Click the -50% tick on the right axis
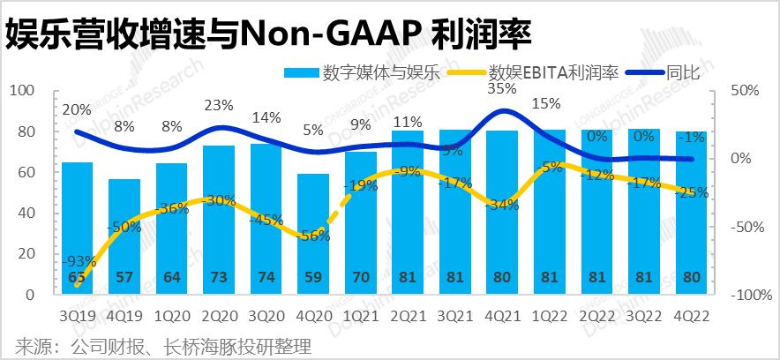[x=746, y=227]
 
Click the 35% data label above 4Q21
[x=501, y=88]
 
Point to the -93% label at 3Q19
[x=79, y=261]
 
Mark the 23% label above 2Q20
[x=218, y=105]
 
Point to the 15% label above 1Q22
[x=547, y=103]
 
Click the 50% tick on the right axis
[x=746, y=91]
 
